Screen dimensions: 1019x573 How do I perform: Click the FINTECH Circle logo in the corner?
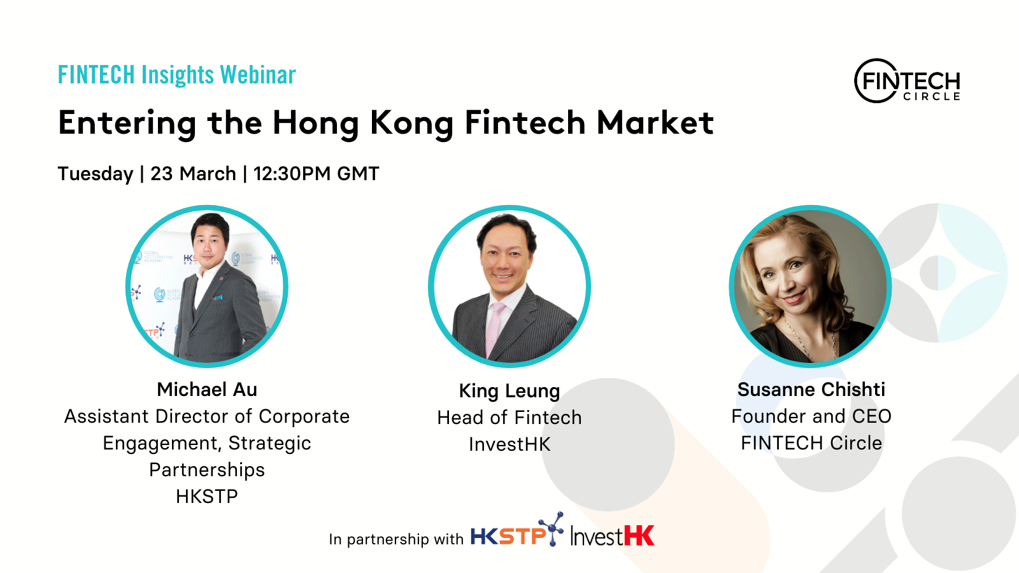pos(907,81)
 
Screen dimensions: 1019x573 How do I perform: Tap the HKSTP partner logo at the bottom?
pos(517,530)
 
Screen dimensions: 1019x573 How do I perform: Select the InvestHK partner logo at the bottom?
pos(612,535)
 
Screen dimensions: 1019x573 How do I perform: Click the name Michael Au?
pos(207,389)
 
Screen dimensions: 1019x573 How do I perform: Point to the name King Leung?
pos(509,391)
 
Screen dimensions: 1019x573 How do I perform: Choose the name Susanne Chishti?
pos(811,389)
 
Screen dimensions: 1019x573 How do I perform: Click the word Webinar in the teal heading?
pos(258,74)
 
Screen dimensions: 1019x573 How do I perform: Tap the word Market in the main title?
pos(655,123)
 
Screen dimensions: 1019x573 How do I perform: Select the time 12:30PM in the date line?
pos(292,174)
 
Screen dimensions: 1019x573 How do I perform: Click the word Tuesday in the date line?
pos(96,174)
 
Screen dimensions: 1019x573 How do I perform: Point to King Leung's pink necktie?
pos(494,327)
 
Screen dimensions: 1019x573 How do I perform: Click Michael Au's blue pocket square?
pos(217,298)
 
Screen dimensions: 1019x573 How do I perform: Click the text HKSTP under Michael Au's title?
pos(207,497)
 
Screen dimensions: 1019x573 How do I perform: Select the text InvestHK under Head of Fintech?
pos(509,444)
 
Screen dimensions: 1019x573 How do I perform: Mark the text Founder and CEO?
pos(811,416)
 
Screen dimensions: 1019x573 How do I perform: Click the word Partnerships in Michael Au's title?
pos(207,470)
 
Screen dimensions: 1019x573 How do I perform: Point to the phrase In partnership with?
pos(395,539)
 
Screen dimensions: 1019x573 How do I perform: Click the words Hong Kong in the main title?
pos(362,124)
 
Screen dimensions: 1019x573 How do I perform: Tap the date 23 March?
pos(193,174)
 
